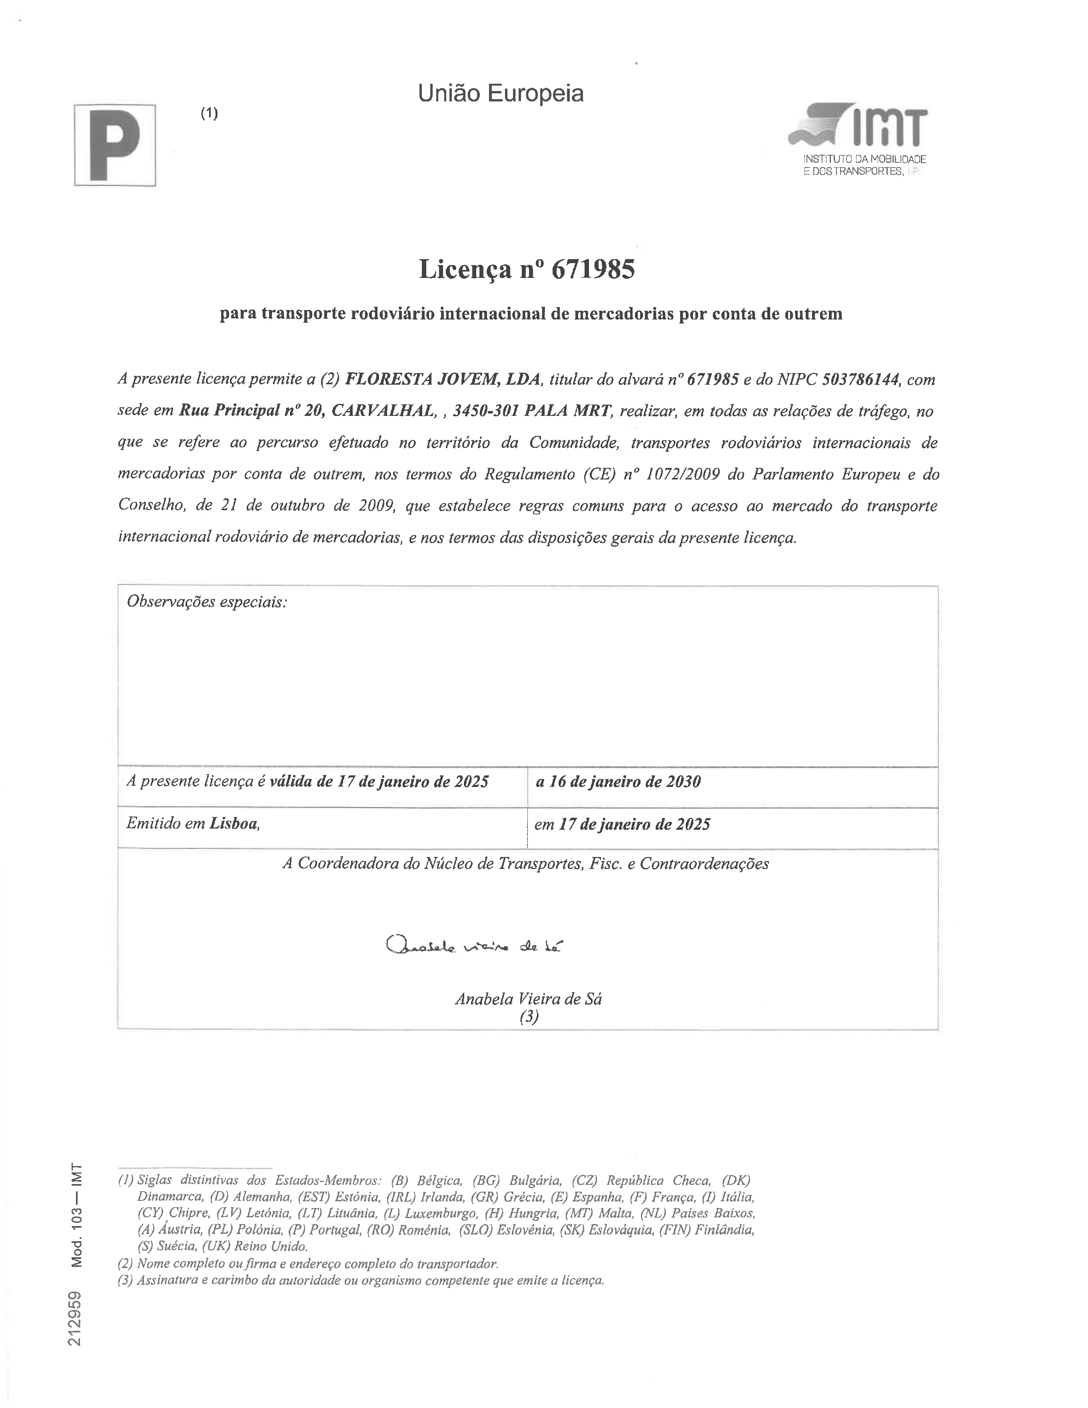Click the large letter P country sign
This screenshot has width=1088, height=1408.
tap(115, 145)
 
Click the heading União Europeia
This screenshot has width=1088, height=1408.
tap(501, 94)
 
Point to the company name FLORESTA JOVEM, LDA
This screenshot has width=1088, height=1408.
tap(442, 379)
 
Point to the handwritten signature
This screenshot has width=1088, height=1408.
tap(474, 946)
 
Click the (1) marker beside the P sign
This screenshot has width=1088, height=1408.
tap(209, 114)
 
